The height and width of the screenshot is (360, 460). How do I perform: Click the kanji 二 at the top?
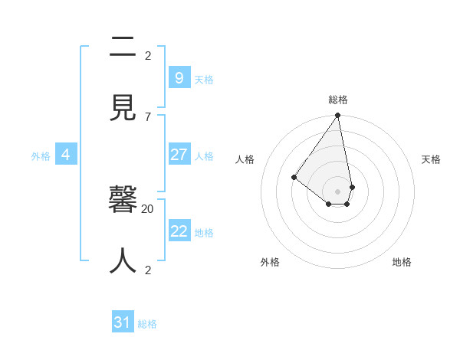pyautogui.click(x=123, y=47)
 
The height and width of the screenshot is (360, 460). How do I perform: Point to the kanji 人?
pyautogui.click(x=123, y=260)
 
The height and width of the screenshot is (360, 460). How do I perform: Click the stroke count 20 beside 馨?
pyautogui.click(x=148, y=208)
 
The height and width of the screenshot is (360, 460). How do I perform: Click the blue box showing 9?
pyautogui.click(x=179, y=77)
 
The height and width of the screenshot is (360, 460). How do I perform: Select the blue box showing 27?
pyautogui.click(x=179, y=155)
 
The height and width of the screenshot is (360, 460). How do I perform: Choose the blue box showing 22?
pyautogui.click(x=179, y=231)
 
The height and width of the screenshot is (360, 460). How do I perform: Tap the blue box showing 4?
pyautogui.click(x=66, y=155)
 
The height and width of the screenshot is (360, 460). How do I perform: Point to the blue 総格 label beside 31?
pyautogui.click(x=147, y=324)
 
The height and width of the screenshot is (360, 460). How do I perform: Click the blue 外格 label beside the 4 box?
pyautogui.click(x=41, y=156)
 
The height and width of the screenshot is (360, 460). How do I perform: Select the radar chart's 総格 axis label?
pyautogui.click(x=338, y=100)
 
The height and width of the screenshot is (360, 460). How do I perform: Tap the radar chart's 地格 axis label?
pyautogui.click(x=402, y=262)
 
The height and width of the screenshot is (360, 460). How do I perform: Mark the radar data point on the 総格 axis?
pyautogui.click(x=337, y=116)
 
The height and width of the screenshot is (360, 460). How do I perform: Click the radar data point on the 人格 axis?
pyautogui.click(x=294, y=178)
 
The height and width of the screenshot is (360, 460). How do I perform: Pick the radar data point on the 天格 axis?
pyautogui.click(x=352, y=187)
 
